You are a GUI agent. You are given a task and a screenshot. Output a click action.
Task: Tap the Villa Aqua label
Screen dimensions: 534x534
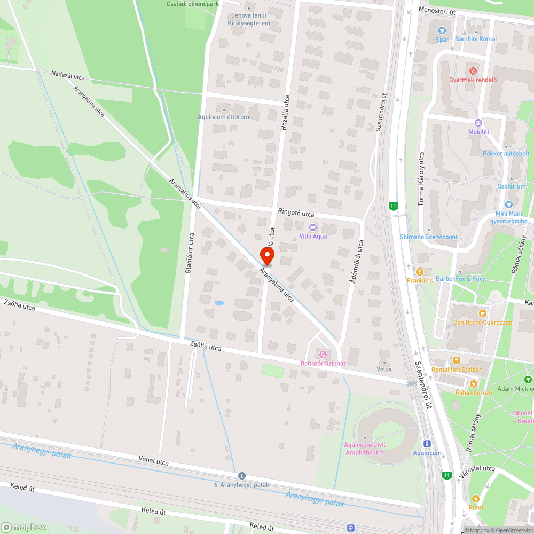(x=313, y=236)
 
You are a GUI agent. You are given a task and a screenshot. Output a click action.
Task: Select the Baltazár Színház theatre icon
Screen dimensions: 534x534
(x=323, y=354)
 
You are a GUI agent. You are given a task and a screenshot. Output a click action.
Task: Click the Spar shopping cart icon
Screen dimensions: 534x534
(x=442, y=30)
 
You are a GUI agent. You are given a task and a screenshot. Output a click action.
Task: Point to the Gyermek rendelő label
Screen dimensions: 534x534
(x=473, y=80)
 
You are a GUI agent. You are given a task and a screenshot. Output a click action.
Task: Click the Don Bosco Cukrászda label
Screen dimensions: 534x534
(x=482, y=323)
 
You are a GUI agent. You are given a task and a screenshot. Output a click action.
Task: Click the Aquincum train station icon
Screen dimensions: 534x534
(x=427, y=444)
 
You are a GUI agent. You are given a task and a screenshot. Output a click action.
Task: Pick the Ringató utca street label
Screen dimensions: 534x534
(x=296, y=213)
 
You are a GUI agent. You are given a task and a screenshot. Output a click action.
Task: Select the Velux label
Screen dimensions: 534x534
(x=384, y=369)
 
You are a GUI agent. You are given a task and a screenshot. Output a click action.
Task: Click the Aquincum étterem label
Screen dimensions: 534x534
(x=223, y=117)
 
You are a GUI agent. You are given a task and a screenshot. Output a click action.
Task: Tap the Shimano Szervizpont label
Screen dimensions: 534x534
(x=428, y=237)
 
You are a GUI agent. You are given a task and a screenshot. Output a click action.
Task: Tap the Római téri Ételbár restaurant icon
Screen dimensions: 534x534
(x=456, y=360)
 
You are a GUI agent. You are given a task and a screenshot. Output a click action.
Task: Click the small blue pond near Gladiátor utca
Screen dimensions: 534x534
(x=219, y=303)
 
